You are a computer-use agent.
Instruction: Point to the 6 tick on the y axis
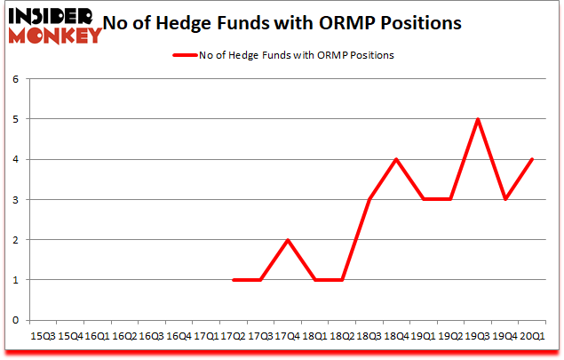click(15, 78)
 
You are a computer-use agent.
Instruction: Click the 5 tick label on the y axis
click(15, 118)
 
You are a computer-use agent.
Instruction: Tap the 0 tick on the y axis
click(15, 320)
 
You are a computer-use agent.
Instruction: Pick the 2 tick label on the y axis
click(15, 239)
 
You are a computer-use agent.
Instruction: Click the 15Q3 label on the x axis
click(42, 336)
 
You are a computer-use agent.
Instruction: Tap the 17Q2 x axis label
click(234, 336)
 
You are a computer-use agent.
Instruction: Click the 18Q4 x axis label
click(397, 336)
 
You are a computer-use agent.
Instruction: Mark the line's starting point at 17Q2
click(234, 280)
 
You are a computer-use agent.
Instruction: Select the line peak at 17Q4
click(288, 239)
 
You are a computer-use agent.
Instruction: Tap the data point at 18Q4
click(397, 159)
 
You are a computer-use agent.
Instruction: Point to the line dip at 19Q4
click(506, 199)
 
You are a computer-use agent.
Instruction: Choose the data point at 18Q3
click(369, 199)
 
